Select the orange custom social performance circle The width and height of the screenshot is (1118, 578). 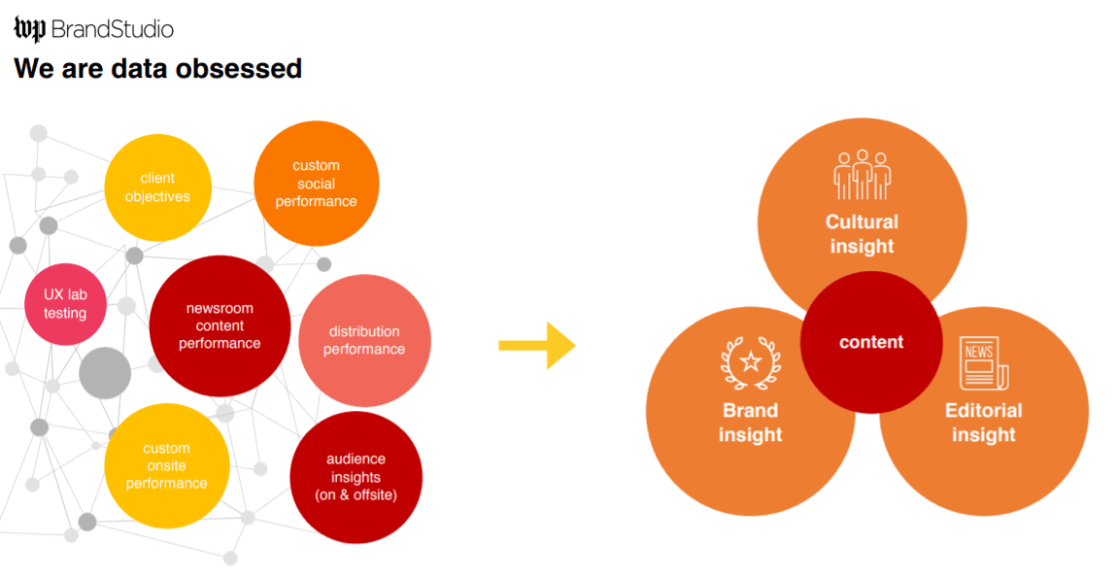click(316, 183)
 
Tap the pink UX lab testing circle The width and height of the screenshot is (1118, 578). click(65, 303)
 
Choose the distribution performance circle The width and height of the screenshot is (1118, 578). click(364, 341)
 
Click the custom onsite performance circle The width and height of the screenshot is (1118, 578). click(166, 466)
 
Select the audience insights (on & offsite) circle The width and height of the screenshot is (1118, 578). click(356, 477)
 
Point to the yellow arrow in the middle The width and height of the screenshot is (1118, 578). click(537, 345)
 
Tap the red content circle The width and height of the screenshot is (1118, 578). click(871, 342)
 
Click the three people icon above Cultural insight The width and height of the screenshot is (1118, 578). click(862, 175)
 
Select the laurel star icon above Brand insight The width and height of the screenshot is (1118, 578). click(750, 361)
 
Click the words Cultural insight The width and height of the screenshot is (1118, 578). click(862, 234)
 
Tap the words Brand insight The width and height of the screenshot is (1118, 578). click(750, 423)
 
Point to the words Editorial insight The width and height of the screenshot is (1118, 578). click(983, 423)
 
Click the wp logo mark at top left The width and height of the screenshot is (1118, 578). click(29, 29)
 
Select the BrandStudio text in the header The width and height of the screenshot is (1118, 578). click(112, 29)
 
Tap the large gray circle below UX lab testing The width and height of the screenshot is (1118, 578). click(104, 373)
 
